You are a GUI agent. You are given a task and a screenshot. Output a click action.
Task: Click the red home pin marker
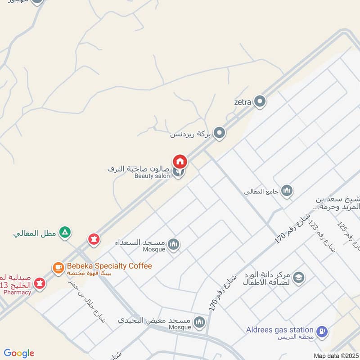pyautogui.click(x=180, y=161)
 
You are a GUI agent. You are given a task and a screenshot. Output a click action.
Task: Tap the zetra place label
pyautogui.click(x=243, y=102)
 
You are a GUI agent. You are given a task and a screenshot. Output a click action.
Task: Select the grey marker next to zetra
pyautogui.click(x=260, y=102)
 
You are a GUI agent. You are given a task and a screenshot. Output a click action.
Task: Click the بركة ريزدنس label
pyautogui.click(x=190, y=134)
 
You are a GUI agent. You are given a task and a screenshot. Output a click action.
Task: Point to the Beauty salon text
pyautogui.click(x=152, y=176)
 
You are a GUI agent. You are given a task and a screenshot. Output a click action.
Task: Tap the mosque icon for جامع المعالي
pyautogui.click(x=287, y=191)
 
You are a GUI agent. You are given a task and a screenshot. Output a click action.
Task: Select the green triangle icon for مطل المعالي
pyautogui.click(x=66, y=233)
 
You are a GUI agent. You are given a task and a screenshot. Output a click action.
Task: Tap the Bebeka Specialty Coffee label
pyautogui.click(x=109, y=266)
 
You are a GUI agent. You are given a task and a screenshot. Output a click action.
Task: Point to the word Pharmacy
pyautogui.click(x=17, y=292)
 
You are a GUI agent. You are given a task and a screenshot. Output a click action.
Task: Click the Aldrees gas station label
pyautogui.click(x=279, y=330)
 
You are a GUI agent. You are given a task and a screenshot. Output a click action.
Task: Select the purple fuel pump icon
pyautogui.click(x=322, y=332)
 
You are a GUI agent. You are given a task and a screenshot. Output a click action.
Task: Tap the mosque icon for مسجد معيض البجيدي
pyautogui.click(x=199, y=322)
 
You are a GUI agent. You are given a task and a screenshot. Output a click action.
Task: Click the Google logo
pyautogui.click(x=19, y=353)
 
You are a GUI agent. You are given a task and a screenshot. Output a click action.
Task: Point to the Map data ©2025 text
pyautogui.click(x=335, y=355)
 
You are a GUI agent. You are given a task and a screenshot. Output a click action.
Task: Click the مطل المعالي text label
pyautogui.click(x=34, y=234)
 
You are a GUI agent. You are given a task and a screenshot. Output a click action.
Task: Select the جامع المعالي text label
pyautogui.click(x=261, y=192)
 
